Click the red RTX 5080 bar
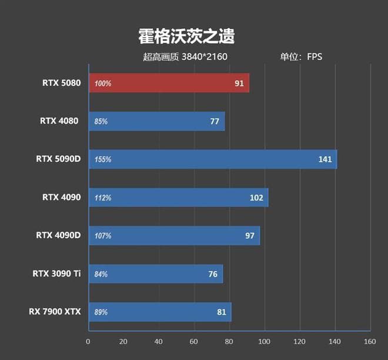[169, 83]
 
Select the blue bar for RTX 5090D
[212, 159]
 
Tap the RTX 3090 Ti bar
[155, 274]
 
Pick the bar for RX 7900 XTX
[159, 312]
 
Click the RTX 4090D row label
[58, 236]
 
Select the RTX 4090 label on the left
[61, 198]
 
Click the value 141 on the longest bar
[325, 159]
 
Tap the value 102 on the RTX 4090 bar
[256, 198]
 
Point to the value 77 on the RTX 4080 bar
[214, 121]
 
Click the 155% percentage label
[103, 159]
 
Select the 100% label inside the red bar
[103, 84]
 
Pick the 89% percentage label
[101, 312]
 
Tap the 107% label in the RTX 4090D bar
[103, 236]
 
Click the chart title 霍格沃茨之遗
[186, 36]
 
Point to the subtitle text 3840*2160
[205, 57]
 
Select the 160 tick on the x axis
[370, 342]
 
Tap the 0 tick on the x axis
[88, 342]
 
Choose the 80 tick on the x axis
[229, 342]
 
